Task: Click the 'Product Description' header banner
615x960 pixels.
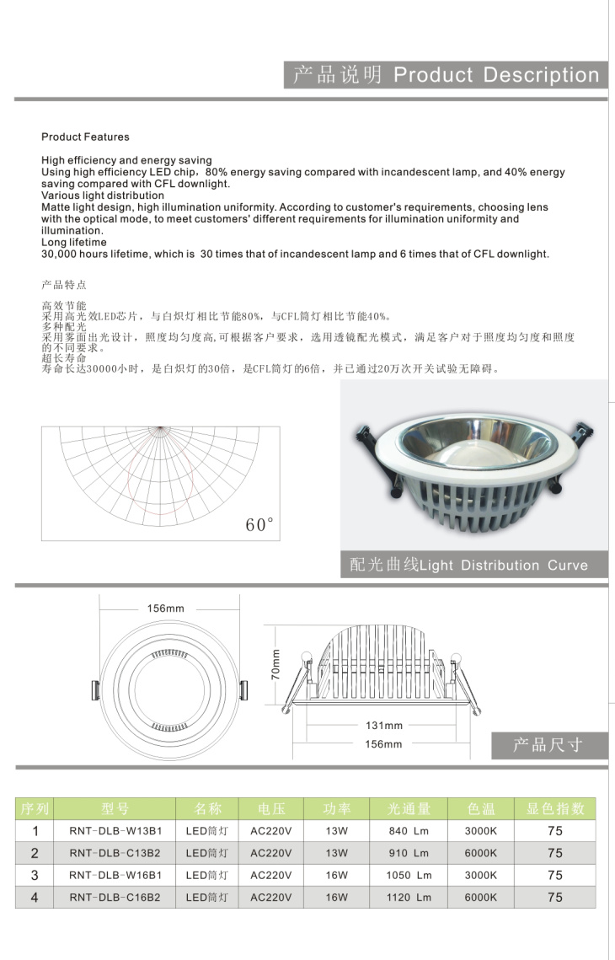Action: (x=446, y=75)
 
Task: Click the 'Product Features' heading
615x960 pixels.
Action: (x=85, y=137)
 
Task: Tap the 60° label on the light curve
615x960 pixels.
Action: (x=260, y=525)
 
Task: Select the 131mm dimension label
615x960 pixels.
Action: (x=384, y=725)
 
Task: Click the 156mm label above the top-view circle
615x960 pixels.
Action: (x=165, y=609)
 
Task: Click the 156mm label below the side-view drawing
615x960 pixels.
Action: (x=383, y=744)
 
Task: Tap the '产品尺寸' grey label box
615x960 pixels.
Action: (x=548, y=745)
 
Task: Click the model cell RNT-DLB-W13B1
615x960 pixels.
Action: (x=115, y=830)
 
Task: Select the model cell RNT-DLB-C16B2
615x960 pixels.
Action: (x=115, y=898)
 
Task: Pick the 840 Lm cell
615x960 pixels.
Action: (x=409, y=830)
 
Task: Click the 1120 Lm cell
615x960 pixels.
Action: (x=409, y=898)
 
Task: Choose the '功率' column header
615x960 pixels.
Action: (x=336, y=809)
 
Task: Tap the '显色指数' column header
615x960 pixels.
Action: (x=555, y=809)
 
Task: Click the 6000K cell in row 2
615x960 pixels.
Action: (x=480, y=853)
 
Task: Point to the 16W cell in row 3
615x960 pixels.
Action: (x=336, y=876)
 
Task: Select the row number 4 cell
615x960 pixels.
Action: (x=35, y=898)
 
